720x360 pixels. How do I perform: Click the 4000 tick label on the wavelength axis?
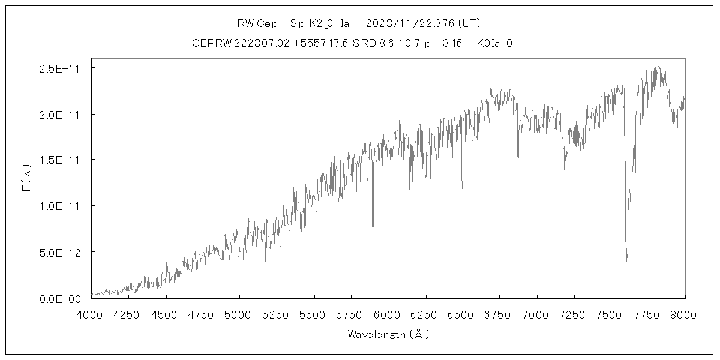91,314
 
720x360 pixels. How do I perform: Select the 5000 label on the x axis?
240,314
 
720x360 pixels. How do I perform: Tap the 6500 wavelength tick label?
463,314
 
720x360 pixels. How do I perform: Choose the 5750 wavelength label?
352,314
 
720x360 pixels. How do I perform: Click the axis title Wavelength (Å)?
388,334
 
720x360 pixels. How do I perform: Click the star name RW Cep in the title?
257,23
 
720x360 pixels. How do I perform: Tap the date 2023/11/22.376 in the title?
410,23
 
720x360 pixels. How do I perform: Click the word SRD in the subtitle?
362,43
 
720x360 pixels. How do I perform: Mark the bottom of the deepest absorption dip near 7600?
627,260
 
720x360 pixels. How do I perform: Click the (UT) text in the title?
469,23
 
